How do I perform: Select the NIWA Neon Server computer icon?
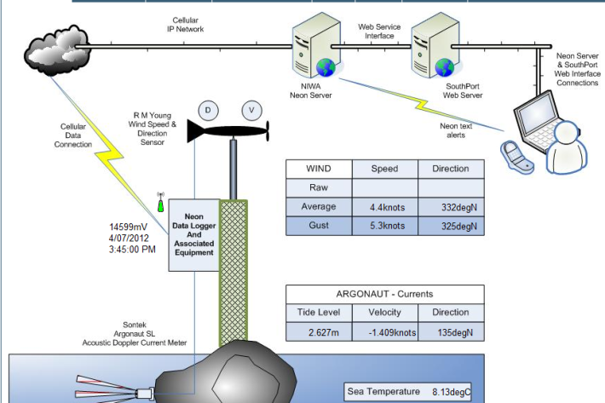(x=309, y=51)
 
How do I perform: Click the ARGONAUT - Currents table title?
(x=385, y=294)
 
